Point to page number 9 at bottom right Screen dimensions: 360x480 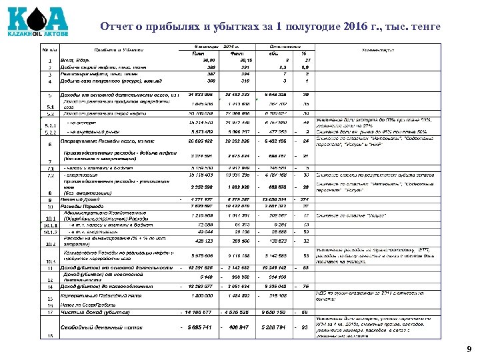(468, 349)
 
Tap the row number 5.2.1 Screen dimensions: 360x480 (50, 125)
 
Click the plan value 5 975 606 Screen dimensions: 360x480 (200, 255)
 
